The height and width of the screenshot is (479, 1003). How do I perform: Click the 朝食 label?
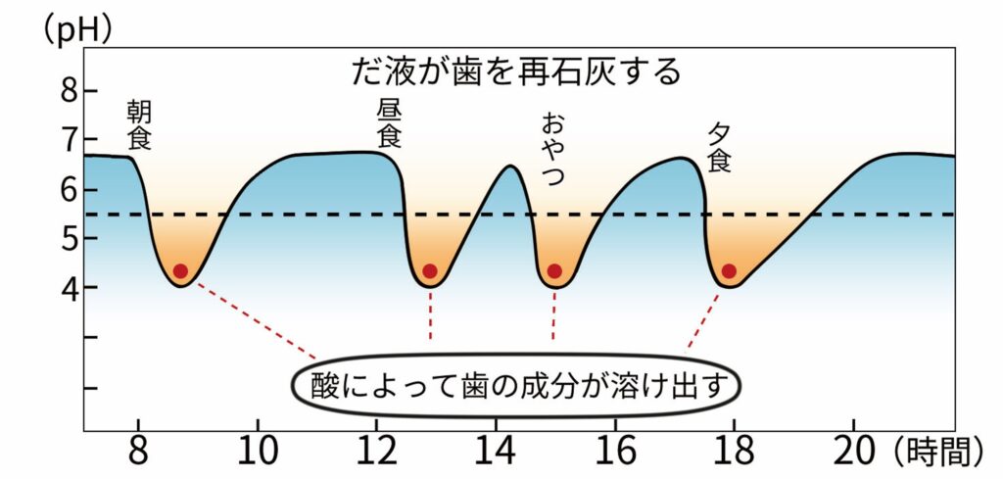(x=140, y=124)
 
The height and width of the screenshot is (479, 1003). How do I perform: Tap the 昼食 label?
(x=389, y=121)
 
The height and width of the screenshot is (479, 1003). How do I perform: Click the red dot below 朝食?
(x=180, y=271)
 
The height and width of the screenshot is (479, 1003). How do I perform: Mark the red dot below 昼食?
(x=430, y=271)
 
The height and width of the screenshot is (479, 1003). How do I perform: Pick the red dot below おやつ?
(x=554, y=271)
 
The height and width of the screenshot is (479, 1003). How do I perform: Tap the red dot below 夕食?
(x=729, y=271)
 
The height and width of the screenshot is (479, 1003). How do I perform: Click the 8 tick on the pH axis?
(x=68, y=91)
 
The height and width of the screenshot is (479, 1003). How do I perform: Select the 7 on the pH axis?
(x=68, y=140)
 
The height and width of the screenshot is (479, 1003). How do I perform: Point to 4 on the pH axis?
(x=68, y=288)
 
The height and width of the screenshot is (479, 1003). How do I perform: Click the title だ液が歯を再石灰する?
(x=514, y=71)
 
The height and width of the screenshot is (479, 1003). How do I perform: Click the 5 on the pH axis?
(x=68, y=238)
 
